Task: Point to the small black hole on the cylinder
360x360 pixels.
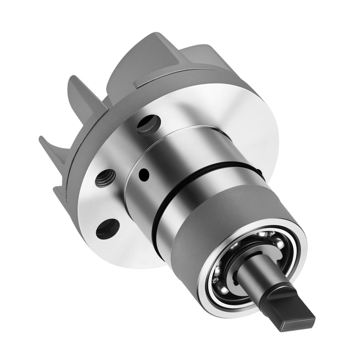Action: click(143, 172)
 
